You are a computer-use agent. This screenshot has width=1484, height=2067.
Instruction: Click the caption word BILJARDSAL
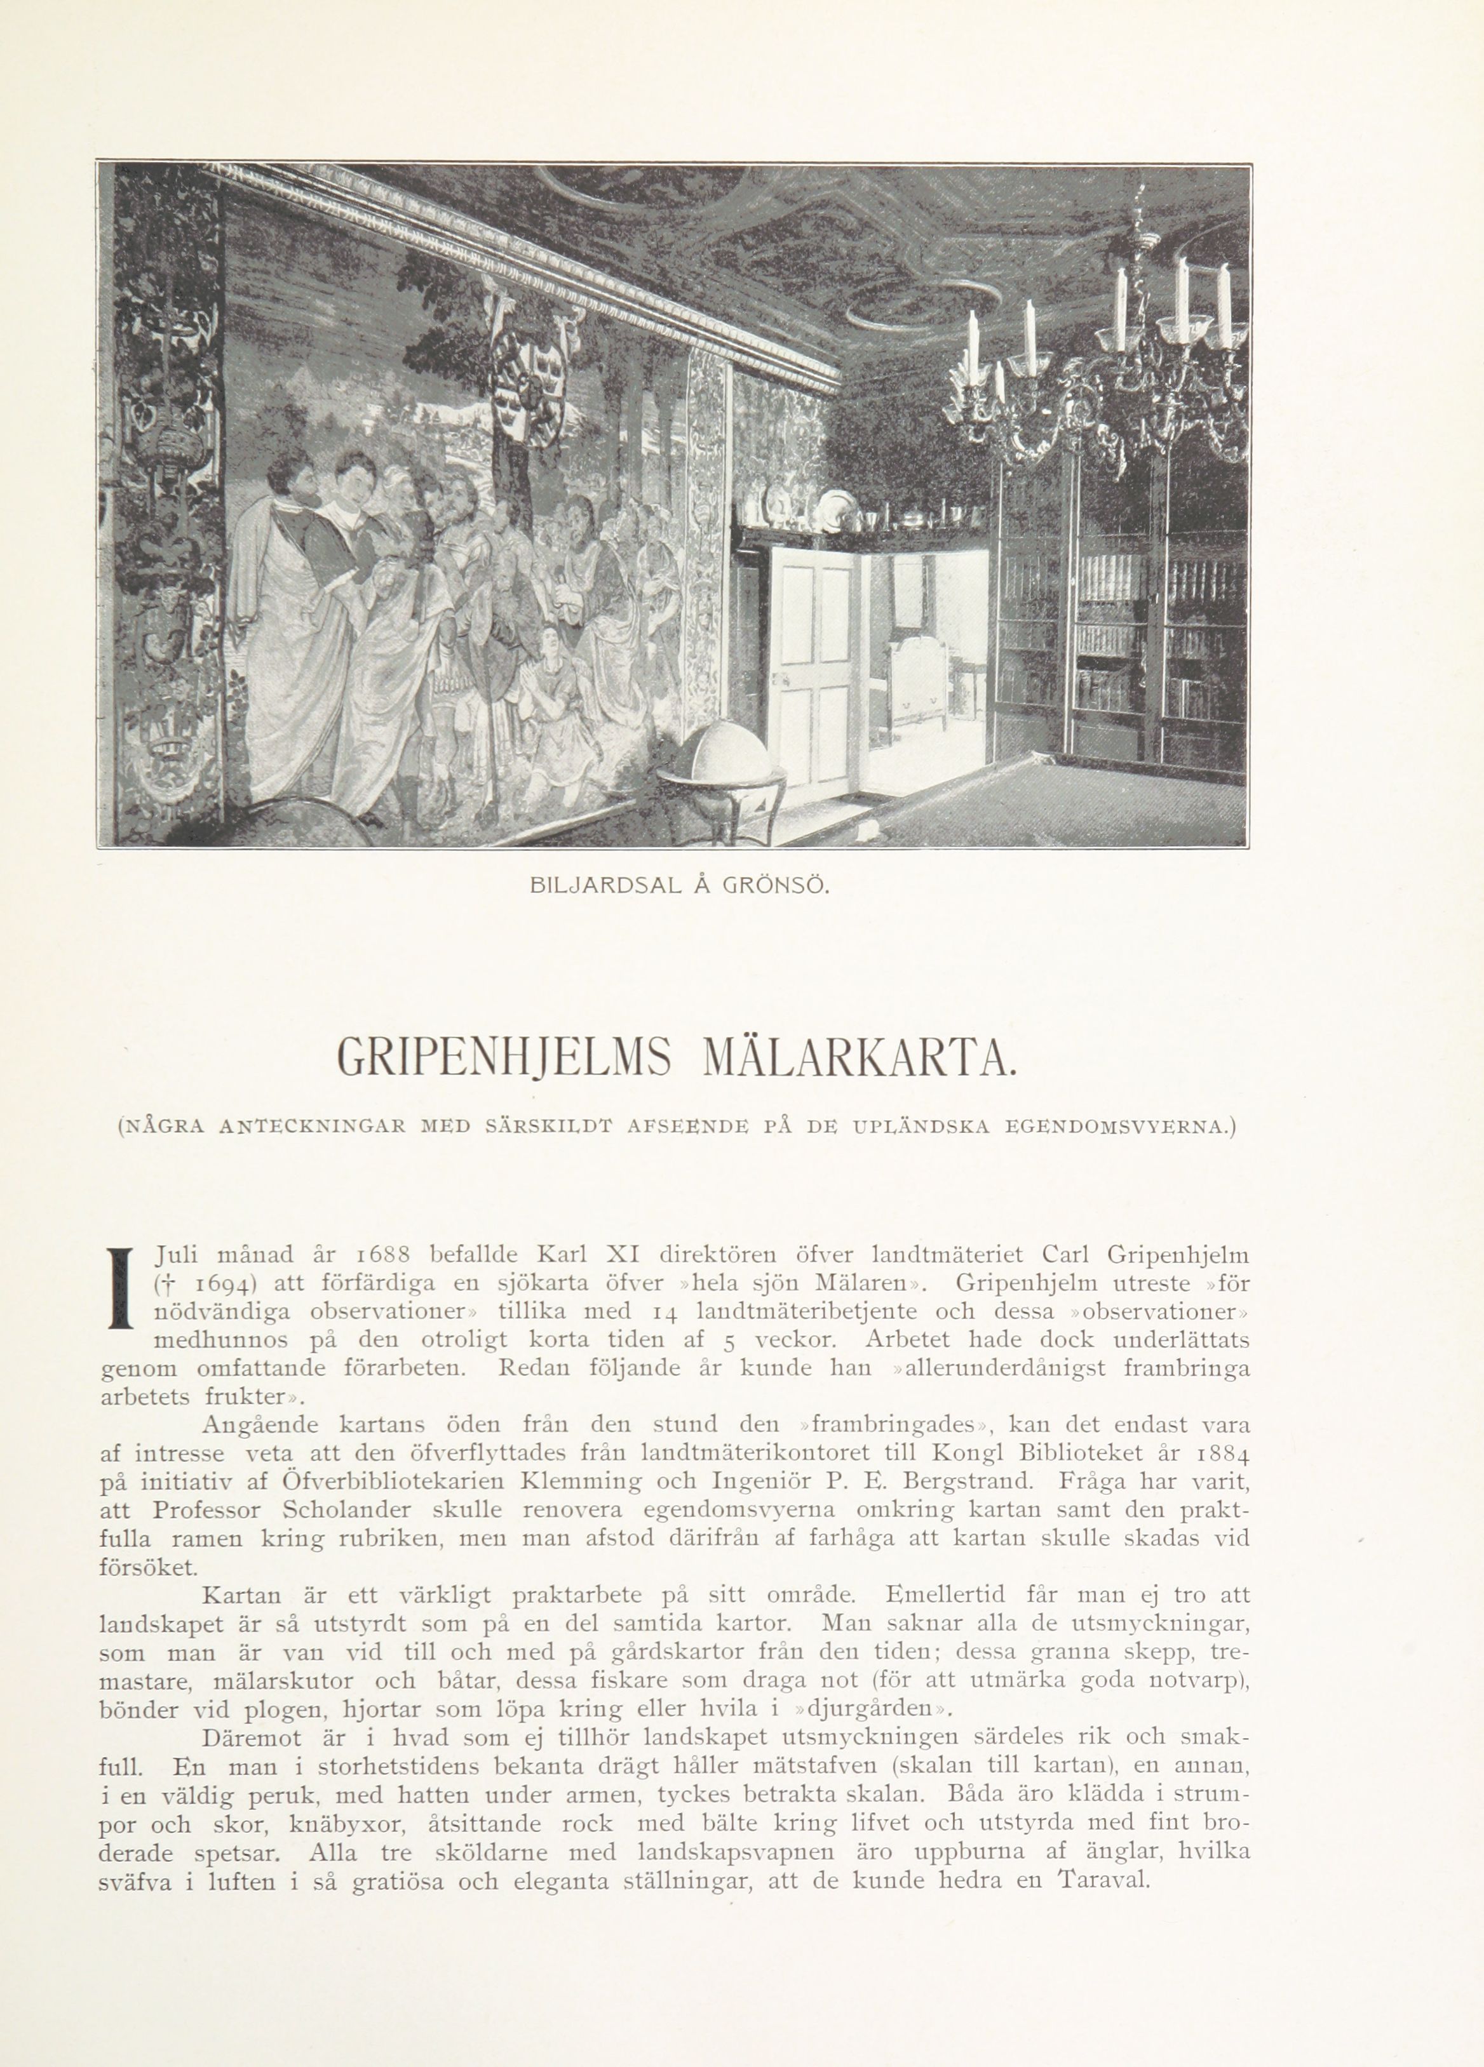click(604, 885)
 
